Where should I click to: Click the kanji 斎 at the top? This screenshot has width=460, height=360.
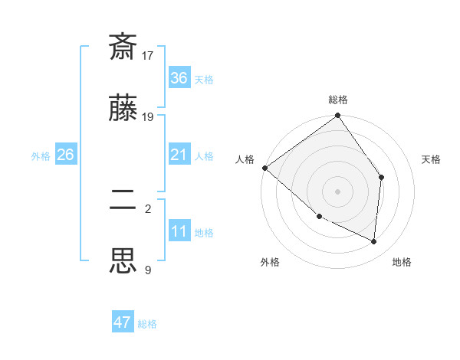(123, 47)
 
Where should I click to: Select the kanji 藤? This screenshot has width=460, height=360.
(123, 109)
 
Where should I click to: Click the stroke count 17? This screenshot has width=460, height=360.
(148, 56)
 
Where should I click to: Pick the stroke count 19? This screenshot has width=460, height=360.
(148, 117)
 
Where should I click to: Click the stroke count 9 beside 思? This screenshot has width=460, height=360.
(148, 269)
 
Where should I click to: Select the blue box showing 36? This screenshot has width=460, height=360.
(179, 78)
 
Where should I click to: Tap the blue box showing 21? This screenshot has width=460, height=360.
(179, 155)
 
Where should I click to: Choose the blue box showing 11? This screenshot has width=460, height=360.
(179, 231)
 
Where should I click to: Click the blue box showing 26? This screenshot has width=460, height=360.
(65, 155)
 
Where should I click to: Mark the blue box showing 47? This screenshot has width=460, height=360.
(123, 322)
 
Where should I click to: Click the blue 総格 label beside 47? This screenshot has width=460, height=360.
(148, 324)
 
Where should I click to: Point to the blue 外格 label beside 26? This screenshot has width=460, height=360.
(41, 156)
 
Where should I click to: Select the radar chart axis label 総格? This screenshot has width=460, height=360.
(338, 100)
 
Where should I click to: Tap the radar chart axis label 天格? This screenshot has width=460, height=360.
(432, 159)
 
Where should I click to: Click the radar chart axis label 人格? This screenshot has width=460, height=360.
(245, 159)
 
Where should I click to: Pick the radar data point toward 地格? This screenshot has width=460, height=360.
(374, 241)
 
